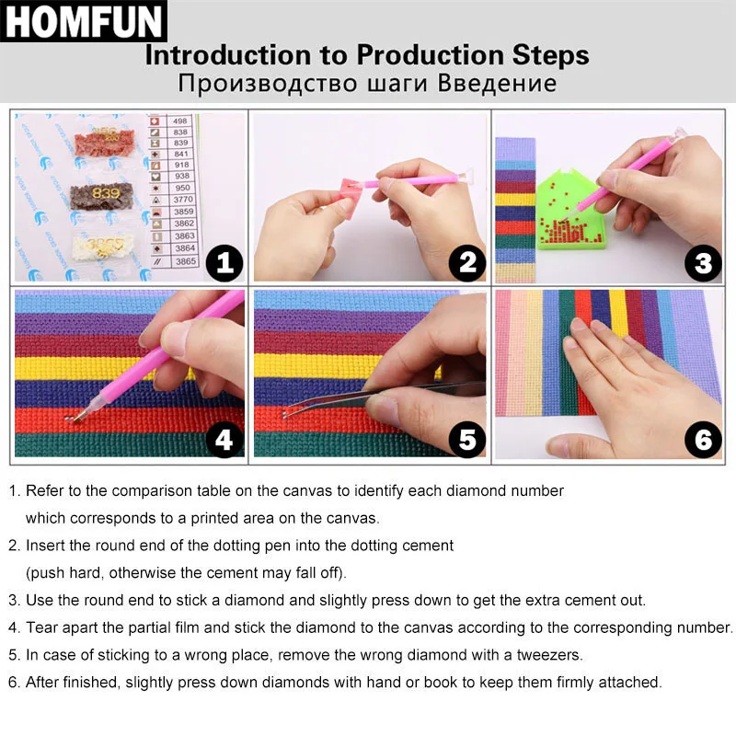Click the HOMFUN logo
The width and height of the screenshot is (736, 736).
pyautogui.click(x=83, y=22)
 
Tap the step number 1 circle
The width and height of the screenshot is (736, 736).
pyautogui.click(x=224, y=264)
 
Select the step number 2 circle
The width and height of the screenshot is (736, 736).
pyautogui.click(x=466, y=264)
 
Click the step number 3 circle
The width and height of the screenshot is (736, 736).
pyautogui.click(x=703, y=264)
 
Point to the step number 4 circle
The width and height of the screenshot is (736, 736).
pyautogui.click(x=224, y=440)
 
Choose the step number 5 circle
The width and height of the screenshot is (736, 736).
pyautogui.click(x=466, y=440)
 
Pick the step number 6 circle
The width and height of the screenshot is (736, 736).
pyautogui.click(x=703, y=440)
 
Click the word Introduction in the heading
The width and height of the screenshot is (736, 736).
pyautogui.click(x=224, y=55)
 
